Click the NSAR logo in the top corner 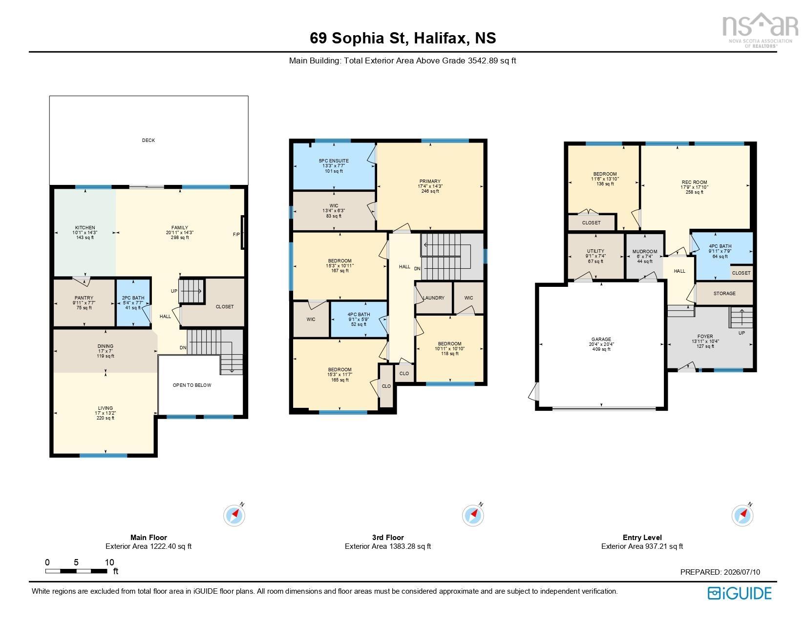[761, 30]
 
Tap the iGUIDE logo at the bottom [740, 594]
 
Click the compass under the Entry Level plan [742, 515]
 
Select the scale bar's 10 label [109, 562]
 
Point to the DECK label [148, 140]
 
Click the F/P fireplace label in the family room [236, 235]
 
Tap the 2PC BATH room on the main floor [133, 302]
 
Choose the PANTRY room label [84, 298]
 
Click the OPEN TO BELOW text [192, 385]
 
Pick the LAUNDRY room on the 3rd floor [434, 298]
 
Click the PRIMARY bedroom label [430, 181]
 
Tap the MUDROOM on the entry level [645, 256]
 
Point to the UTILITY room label [595, 251]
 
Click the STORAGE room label [724, 293]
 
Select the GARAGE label [601, 340]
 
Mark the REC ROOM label [694, 182]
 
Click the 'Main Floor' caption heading [148, 537]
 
